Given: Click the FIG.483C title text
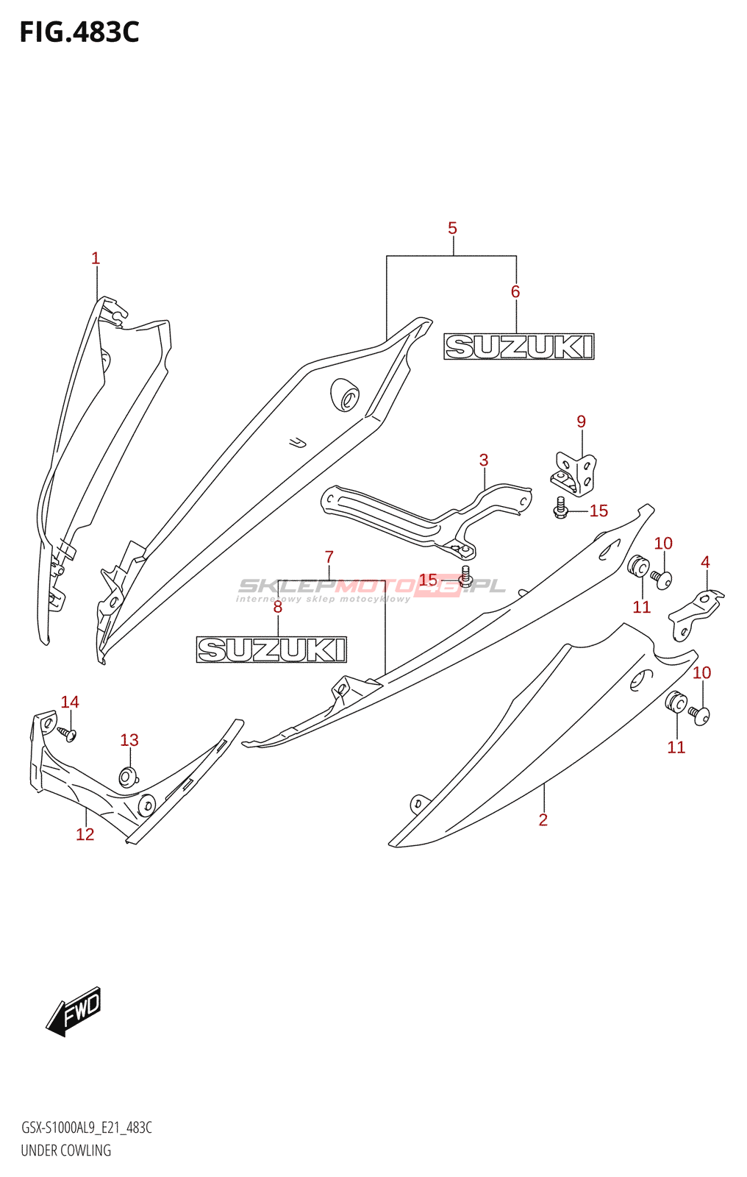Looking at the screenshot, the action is pos(79,32).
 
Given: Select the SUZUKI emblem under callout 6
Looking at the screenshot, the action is pos(519,346).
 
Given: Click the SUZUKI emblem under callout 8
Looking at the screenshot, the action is pos(271,650).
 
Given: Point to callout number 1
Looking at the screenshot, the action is pos(96,258).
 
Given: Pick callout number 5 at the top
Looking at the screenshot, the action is pos(452,229).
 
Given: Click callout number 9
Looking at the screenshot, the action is pos(581,422).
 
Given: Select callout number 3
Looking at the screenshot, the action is pos(484,461).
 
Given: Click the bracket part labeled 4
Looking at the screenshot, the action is pos(696,615).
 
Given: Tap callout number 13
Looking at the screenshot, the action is pos(129,740).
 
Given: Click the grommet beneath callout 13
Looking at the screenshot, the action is pos(128,777).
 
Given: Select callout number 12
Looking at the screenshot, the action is pos(85,834).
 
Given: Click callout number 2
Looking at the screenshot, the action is pos(543,819).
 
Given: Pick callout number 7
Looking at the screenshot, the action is pos(329,557).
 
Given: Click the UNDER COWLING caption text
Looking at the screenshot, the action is pos(65,1151).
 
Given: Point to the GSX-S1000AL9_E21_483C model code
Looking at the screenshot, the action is pos(87,1128).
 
